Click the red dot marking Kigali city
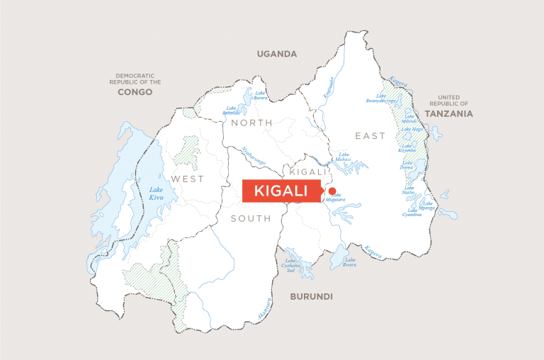point(331,191)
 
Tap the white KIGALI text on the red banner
point(281,191)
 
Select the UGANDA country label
point(277,54)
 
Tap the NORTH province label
point(247,123)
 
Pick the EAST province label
point(371,135)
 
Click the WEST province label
point(187,179)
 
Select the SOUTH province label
point(251,218)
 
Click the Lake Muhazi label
point(344,157)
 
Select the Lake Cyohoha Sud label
point(290,266)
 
